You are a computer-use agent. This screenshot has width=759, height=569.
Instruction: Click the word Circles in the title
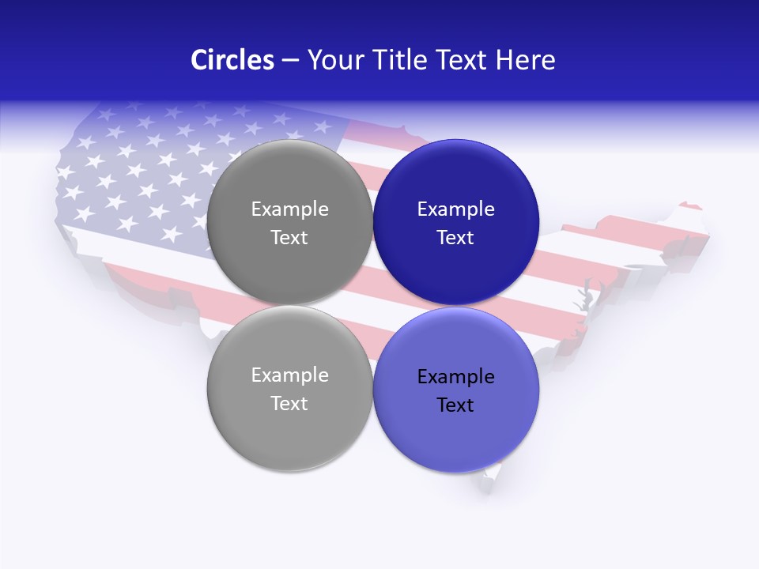point(232,60)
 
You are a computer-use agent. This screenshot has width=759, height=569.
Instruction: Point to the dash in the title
point(290,61)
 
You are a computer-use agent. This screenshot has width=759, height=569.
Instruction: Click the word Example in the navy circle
point(455,209)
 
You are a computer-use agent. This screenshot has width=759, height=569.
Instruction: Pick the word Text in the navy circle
point(455,237)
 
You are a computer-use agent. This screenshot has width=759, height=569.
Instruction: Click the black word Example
point(455,377)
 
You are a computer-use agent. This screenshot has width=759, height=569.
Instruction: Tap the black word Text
point(455,405)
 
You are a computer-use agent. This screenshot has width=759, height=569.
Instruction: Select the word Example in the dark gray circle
point(289,209)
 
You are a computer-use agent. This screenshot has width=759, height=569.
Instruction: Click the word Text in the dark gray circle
point(289,237)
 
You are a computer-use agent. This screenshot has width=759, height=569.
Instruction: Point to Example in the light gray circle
point(289,375)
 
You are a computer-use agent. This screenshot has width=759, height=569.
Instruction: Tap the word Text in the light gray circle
point(289,403)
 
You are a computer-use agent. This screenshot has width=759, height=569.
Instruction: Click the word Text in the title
point(464,60)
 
